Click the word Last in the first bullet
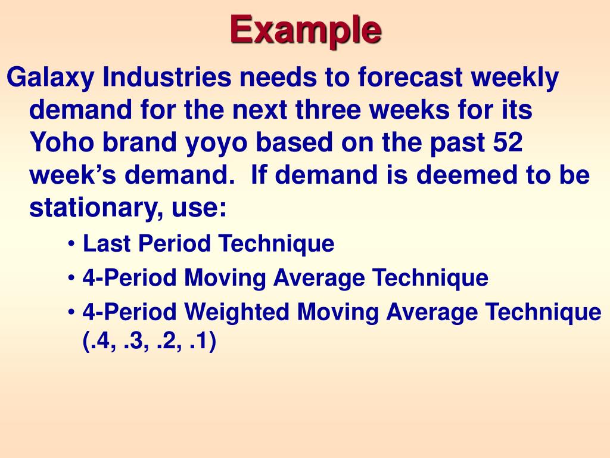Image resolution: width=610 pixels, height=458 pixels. pos(105,243)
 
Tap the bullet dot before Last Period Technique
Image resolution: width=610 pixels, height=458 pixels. pos(72,245)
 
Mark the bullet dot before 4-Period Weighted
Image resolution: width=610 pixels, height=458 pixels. pos(72,312)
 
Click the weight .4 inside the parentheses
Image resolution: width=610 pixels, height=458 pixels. pos(99,342)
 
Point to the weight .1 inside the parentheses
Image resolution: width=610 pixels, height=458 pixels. pos(201,342)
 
